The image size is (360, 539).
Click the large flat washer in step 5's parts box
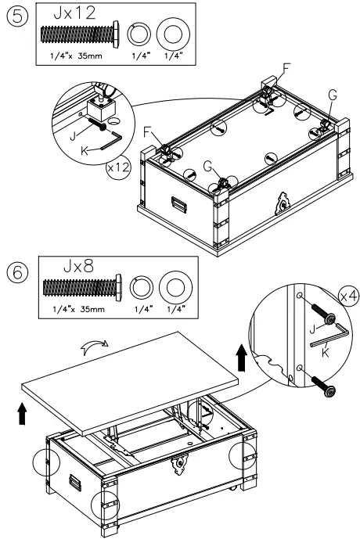(172, 36)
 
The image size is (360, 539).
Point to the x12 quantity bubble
(117, 171)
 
